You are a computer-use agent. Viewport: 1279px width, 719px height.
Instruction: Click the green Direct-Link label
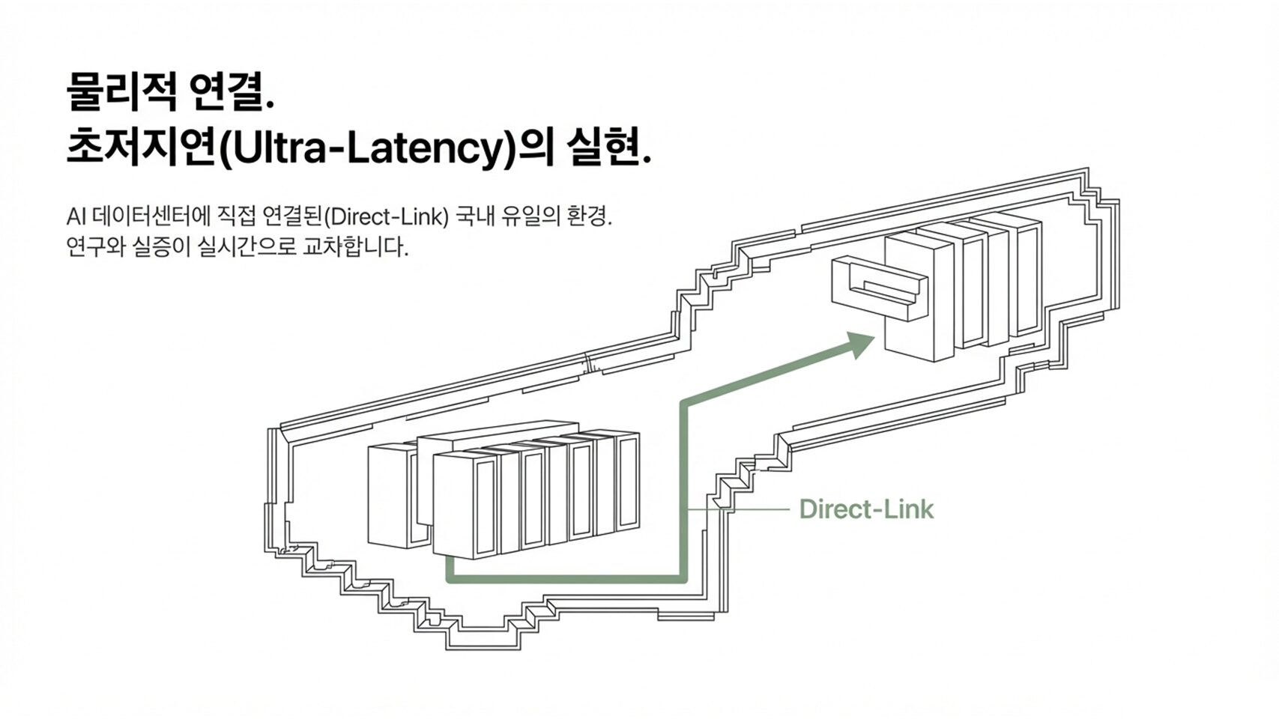coord(866,509)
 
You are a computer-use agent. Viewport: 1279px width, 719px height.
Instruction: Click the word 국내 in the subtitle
coord(473,217)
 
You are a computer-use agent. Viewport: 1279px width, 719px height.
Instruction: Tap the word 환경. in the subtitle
coord(590,217)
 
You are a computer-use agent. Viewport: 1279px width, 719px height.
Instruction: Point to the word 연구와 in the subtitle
coord(91,246)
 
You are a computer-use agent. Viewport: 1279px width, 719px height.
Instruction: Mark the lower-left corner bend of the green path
coord(450,579)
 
